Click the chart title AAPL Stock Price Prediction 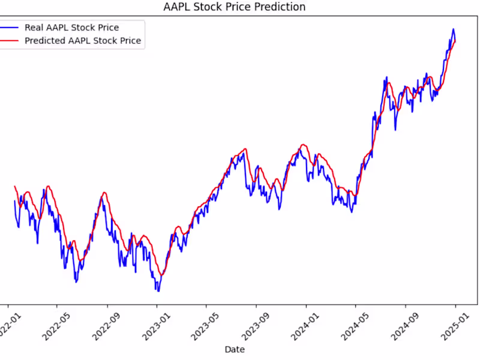(234, 7)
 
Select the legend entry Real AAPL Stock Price (71, 28)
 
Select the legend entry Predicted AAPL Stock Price (83, 41)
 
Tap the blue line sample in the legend (9, 28)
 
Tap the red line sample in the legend (9, 41)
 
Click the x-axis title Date (234, 349)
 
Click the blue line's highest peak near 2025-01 (453, 29)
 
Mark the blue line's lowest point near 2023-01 (158, 291)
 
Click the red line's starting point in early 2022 (14, 187)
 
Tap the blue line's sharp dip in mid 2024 (395, 129)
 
